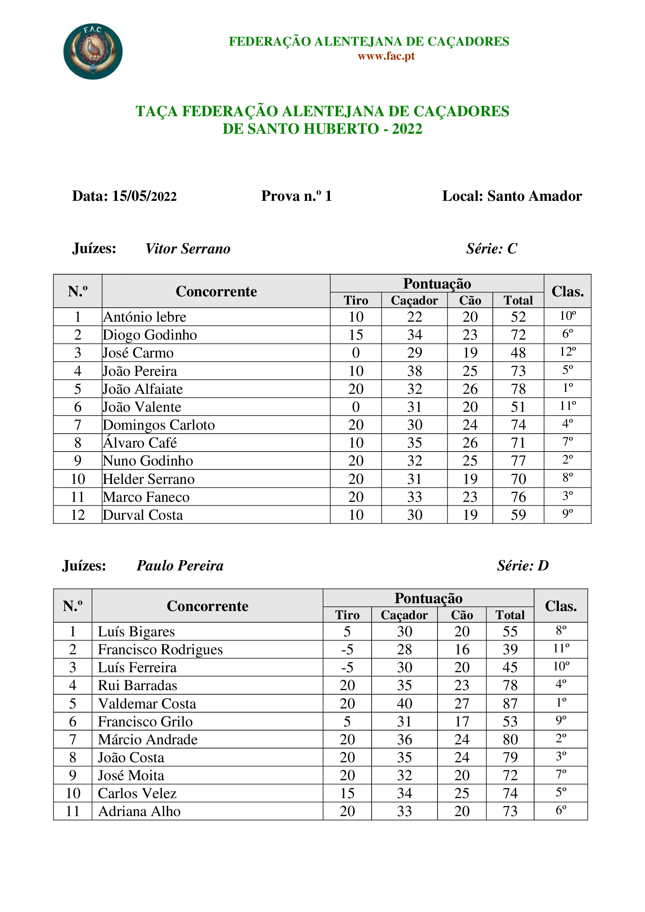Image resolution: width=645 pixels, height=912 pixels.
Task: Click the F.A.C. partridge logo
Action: [x=93, y=51]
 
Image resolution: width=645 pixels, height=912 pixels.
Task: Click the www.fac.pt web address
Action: [x=386, y=56]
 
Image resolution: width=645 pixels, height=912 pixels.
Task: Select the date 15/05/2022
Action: [x=144, y=196]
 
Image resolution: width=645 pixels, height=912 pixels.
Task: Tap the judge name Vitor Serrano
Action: [x=188, y=249]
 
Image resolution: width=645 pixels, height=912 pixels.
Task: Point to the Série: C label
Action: [x=491, y=249]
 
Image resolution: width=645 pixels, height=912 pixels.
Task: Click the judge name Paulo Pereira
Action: [x=180, y=566]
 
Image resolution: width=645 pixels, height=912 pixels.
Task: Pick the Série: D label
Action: [x=523, y=566]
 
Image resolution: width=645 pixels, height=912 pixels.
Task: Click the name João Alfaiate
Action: [x=143, y=389]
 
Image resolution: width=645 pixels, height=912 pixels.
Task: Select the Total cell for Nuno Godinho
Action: [x=518, y=461]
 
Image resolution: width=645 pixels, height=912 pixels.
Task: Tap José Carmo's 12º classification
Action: [x=567, y=352]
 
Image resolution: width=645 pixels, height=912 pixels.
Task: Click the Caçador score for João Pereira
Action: [x=414, y=371]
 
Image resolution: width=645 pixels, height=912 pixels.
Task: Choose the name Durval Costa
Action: [x=143, y=515]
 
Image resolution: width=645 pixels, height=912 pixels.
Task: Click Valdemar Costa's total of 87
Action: [x=510, y=703]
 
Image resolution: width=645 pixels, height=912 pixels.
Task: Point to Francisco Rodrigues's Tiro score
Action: [x=347, y=650]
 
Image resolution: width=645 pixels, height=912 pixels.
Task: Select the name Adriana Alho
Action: [x=139, y=811]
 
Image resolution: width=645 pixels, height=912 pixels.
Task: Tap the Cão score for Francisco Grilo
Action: [x=461, y=721]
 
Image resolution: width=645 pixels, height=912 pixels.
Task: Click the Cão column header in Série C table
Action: [x=470, y=300]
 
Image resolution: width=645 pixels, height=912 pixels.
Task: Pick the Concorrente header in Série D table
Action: [x=207, y=606]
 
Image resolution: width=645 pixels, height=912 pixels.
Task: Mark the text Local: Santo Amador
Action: [x=512, y=196]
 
